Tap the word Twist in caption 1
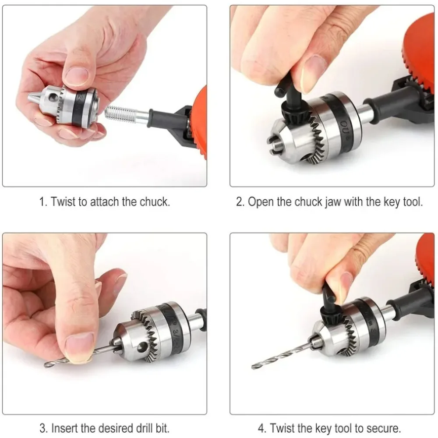64,202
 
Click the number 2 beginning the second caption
239,202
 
